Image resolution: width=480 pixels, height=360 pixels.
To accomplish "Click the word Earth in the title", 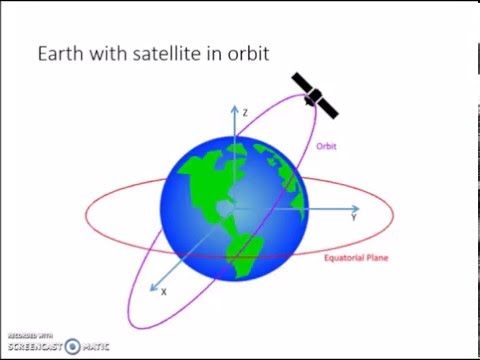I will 61,53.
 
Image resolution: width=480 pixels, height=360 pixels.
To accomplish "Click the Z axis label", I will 245,113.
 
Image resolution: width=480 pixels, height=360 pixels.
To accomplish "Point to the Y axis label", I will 354,215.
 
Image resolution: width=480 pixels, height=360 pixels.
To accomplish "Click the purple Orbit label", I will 326,146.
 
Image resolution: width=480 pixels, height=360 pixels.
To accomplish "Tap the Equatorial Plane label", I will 356,257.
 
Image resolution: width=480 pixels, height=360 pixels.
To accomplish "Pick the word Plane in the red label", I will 375,257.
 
